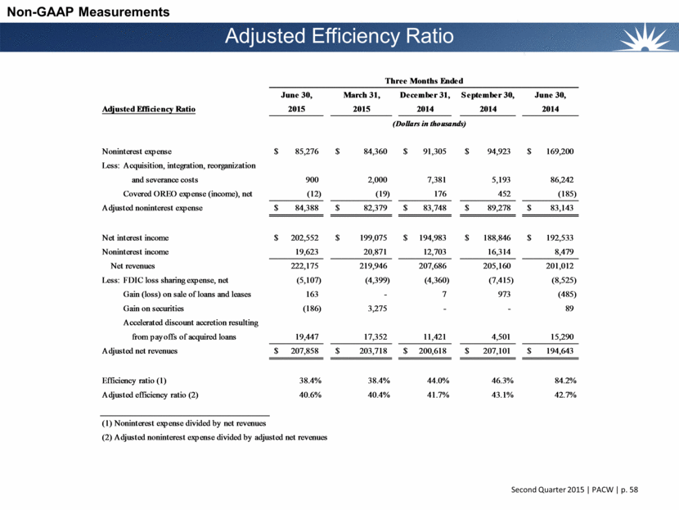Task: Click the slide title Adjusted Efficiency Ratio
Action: tap(339, 37)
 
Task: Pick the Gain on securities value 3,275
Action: tap(365, 308)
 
